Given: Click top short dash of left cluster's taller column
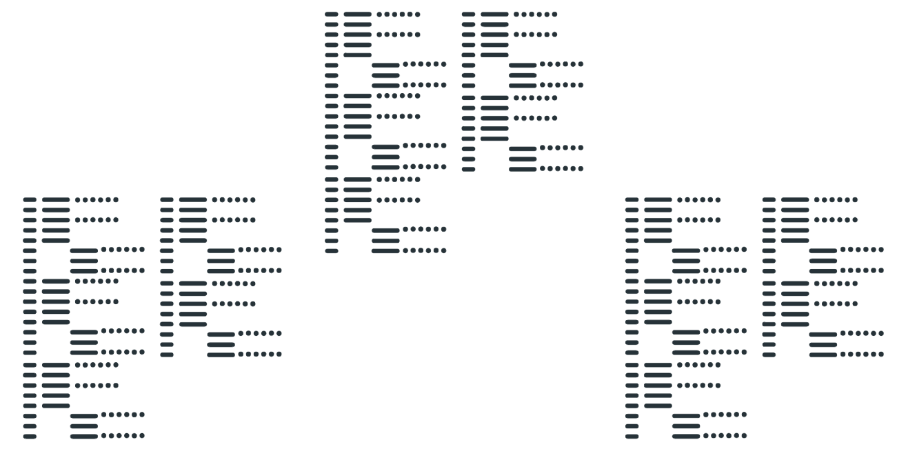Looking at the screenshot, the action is [x=30, y=200].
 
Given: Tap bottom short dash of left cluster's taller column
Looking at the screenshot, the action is [x=30, y=436].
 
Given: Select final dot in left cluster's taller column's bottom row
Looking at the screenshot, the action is [x=143, y=435].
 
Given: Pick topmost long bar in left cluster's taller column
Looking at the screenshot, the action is [x=56, y=200].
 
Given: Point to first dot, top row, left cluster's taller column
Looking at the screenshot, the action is [x=78, y=200].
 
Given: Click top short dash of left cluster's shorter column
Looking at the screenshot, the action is [x=167, y=200].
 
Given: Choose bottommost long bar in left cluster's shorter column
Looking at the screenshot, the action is [x=221, y=355].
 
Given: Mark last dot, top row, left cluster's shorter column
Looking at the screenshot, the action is [x=253, y=200].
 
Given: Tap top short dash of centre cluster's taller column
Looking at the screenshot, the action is [x=332, y=14].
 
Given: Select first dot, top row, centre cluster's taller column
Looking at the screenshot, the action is [x=379, y=14].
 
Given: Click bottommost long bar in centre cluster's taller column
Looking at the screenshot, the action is [x=385, y=251].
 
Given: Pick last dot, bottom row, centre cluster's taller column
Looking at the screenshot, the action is [x=444, y=250].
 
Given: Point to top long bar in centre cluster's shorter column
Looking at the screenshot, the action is [x=494, y=14].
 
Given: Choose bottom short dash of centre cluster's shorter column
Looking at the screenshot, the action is [x=468, y=169].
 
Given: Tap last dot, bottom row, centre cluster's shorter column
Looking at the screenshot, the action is [x=581, y=168].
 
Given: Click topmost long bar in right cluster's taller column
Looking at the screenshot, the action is [x=658, y=200].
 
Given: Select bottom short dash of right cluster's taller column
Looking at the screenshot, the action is [x=632, y=436].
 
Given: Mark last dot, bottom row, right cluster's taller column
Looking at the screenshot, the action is [x=745, y=435].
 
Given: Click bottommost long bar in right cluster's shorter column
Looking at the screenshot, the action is [x=823, y=355].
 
